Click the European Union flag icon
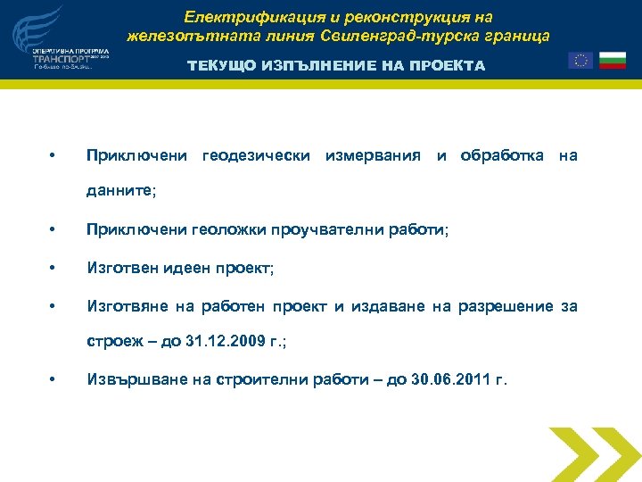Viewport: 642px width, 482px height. tap(580, 61)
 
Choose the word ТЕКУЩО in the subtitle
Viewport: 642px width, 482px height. tap(218, 66)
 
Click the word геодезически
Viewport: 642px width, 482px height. tap(257, 156)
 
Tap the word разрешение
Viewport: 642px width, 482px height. tap(506, 307)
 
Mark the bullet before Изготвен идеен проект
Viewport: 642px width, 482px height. tap(54, 269)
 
